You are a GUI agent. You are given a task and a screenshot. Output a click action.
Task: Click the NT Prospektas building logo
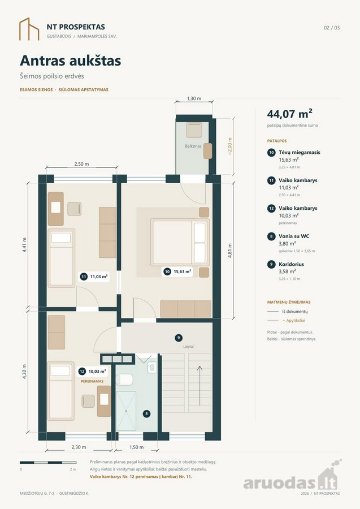click(29, 29)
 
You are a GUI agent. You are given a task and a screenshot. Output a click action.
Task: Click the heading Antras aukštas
click(71, 61)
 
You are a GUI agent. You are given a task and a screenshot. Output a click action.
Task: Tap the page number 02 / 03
click(332, 28)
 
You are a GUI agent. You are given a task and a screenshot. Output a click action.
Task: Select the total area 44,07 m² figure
click(289, 114)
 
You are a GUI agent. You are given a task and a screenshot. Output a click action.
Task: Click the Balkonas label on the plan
click(193, 146)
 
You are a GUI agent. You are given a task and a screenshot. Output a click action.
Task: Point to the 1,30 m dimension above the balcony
click(194, 98)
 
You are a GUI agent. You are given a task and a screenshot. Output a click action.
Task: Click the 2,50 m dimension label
click(81, 164)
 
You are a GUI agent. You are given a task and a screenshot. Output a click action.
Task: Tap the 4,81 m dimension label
click(229, 251)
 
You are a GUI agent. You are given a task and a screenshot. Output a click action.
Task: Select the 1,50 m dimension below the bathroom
click(137, 447)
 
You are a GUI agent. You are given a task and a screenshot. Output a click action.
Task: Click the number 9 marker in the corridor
click(179, 338)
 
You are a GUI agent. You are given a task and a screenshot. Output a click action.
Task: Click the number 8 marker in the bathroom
click(146, 413)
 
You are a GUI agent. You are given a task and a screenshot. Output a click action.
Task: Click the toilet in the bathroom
click(124, 379)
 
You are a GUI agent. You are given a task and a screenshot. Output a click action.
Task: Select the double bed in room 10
click(180, 243)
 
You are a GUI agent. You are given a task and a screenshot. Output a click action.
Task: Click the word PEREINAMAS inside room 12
click(92, 381)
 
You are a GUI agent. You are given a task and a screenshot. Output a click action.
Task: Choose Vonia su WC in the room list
click(294, 236)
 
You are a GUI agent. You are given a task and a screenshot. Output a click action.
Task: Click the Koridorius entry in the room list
click(291, 264)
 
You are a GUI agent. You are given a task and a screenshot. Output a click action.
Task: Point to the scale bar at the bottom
click(48, 462)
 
